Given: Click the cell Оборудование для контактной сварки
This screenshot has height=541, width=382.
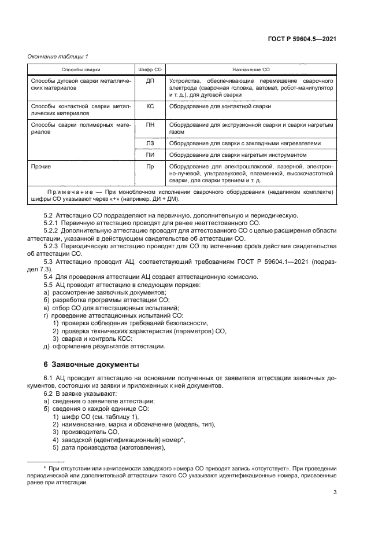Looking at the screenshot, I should (220, 106).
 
